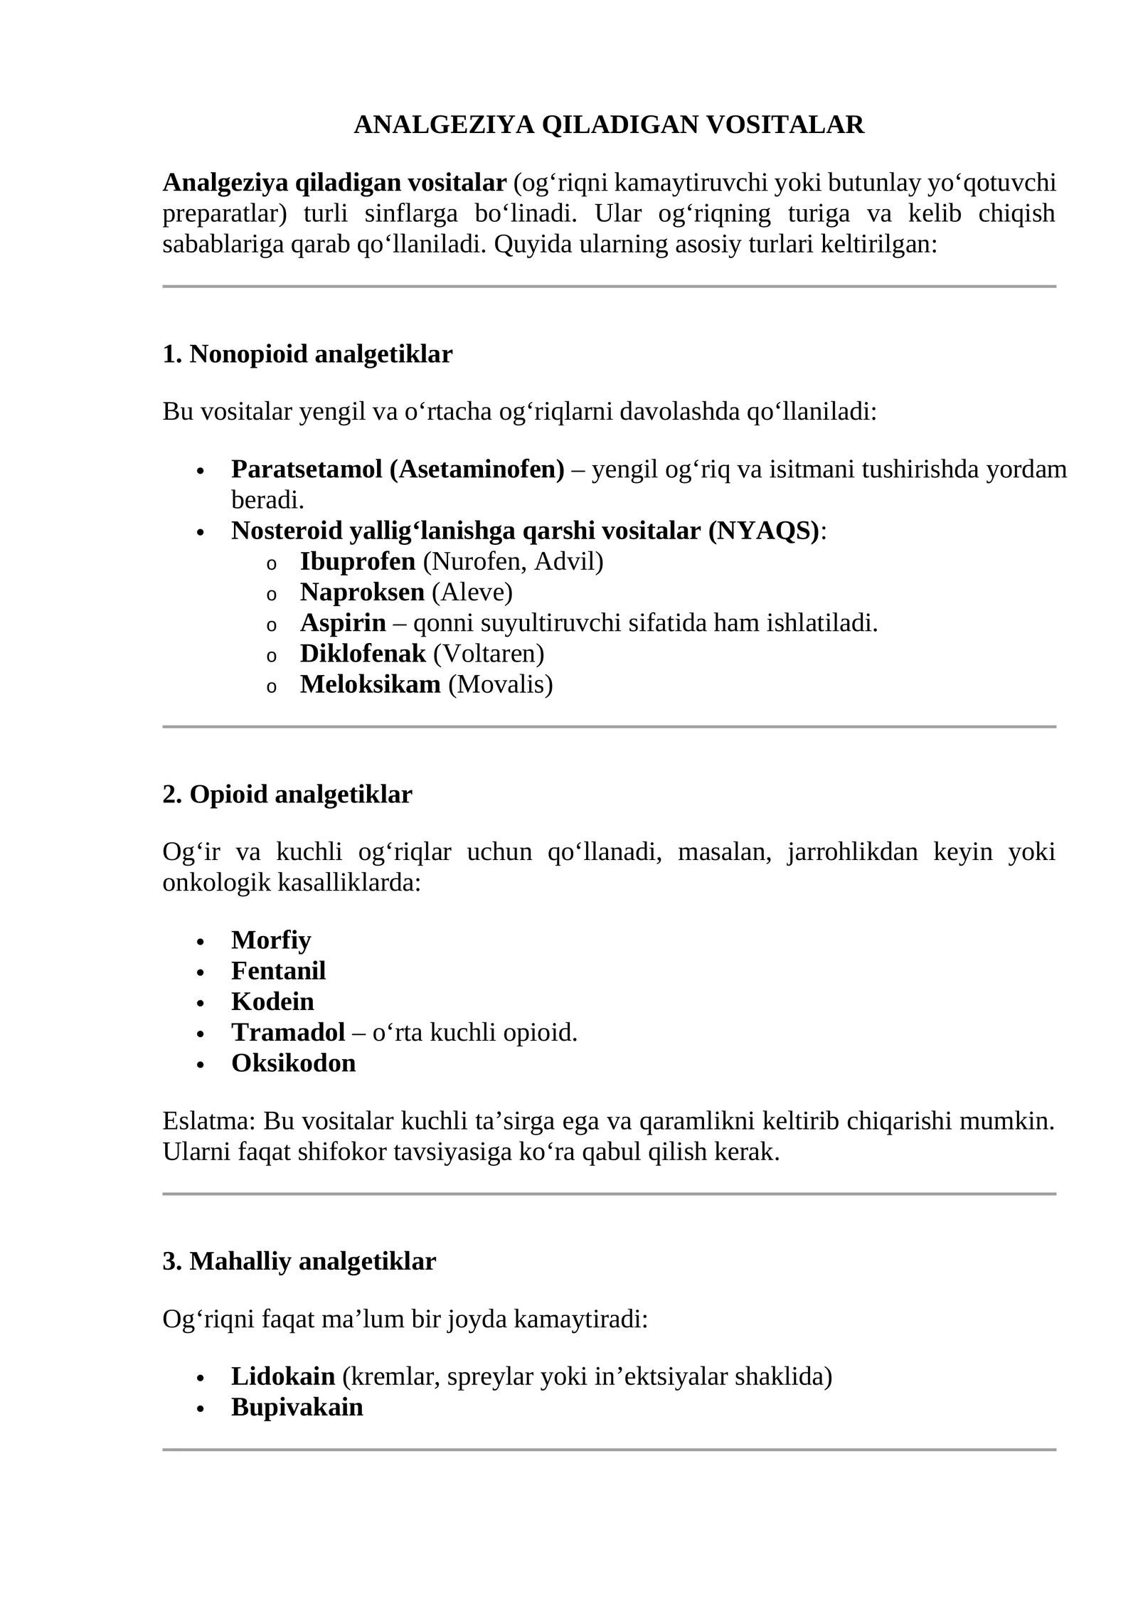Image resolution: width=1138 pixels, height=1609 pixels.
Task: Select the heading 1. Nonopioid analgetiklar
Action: pyautogui.click(x=307, y=354)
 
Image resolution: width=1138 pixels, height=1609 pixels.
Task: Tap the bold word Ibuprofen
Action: pyautogui.click(x=357, y=561)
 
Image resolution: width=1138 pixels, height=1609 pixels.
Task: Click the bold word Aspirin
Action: pyautogui.click(x=342, y=623)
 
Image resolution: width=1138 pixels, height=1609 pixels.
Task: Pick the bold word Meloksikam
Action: pyautogui.click(x=370, y=684)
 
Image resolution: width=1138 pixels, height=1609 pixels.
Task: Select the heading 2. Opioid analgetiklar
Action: pyautogui.click(x=287, y=795)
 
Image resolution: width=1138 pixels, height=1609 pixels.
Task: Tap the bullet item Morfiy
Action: pyautogui.click(x=271, y=940)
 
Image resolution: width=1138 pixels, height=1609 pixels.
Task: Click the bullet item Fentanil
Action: pyautogui.click(x=278, y=971)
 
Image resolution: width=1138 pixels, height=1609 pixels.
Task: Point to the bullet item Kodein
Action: pyautogui.click(x=272, y=1002)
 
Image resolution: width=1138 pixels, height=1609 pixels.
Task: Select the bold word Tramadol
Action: pyautogui.click(x=287, y=1032)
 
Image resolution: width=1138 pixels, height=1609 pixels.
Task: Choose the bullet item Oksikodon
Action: pyautogui.click(x=293, y=1063)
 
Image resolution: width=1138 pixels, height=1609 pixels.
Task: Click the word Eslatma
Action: pyautogui.click(x=207, y=1122)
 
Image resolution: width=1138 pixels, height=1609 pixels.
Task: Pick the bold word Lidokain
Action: pyautogui.click(x=282, y=1376)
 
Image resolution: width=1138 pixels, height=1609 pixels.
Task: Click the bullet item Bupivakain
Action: pyautogui.click(x=297, y=1407)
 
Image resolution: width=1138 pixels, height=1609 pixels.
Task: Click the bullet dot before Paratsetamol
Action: pyautogui.click(x=201, y=472)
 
